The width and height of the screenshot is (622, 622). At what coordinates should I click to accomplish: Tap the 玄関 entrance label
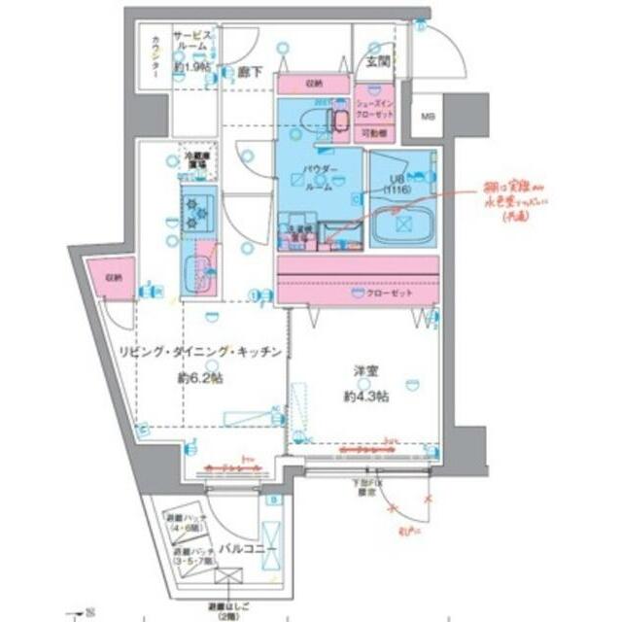[x=377, y=61]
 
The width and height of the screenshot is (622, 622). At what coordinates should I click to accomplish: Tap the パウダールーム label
[x=321, y=178]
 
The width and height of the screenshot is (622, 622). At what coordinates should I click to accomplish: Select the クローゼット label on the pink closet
[x=389, y=294]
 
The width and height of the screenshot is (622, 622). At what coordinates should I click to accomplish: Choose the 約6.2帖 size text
[x=201, y=377]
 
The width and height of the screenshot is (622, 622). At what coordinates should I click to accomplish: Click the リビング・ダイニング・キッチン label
[x=201, y=353]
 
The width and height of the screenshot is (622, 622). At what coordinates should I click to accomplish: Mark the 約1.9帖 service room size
[x=192, y=68]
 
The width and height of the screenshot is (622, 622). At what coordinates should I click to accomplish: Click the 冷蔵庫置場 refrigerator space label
[x=195, y=158]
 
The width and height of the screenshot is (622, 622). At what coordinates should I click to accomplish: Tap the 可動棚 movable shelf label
[x=378, y=133]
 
